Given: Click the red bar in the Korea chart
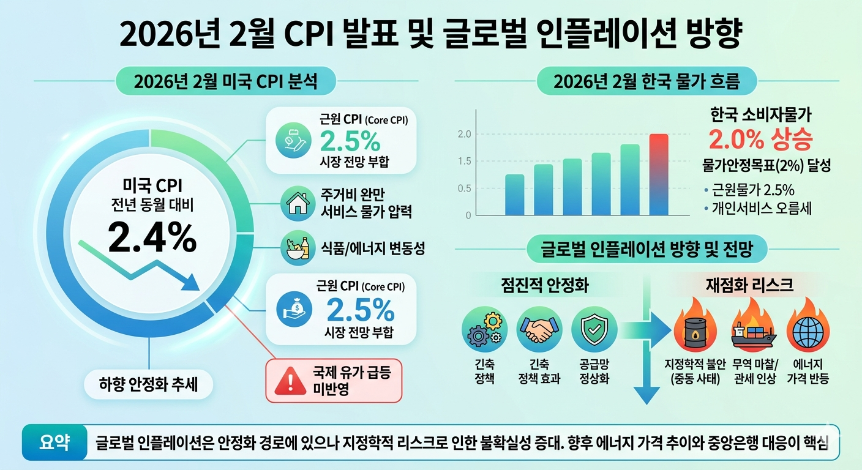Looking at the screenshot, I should coord(659,174).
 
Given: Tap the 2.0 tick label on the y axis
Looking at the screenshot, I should coord(464,134).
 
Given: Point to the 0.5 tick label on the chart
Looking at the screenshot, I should coord(464,188).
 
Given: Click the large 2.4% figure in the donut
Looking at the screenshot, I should coord(152,237).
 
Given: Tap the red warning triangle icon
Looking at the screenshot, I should coord(285,381).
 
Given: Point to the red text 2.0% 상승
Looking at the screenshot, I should coord(760,140).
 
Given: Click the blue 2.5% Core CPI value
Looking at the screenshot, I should coord(360,311).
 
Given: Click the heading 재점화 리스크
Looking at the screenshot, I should coord(749,284).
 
